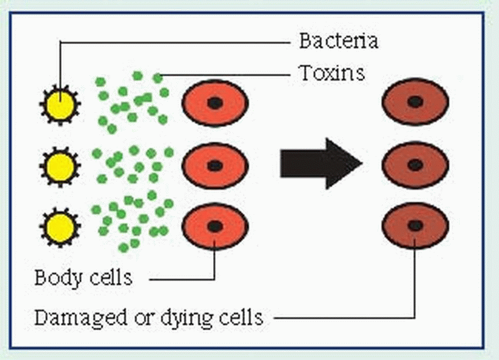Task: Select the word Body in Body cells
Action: point(56,277)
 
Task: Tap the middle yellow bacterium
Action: point(60,167)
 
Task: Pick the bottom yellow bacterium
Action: point(60,226)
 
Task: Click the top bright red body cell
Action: point(215,103)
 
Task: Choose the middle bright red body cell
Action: point(215,165)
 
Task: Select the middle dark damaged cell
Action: point(416,164)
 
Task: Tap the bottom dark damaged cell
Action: point(416,226)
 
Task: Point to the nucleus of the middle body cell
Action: point(215,165)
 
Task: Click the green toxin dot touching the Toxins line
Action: point(157,78)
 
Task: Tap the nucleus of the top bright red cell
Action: point(215,103)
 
